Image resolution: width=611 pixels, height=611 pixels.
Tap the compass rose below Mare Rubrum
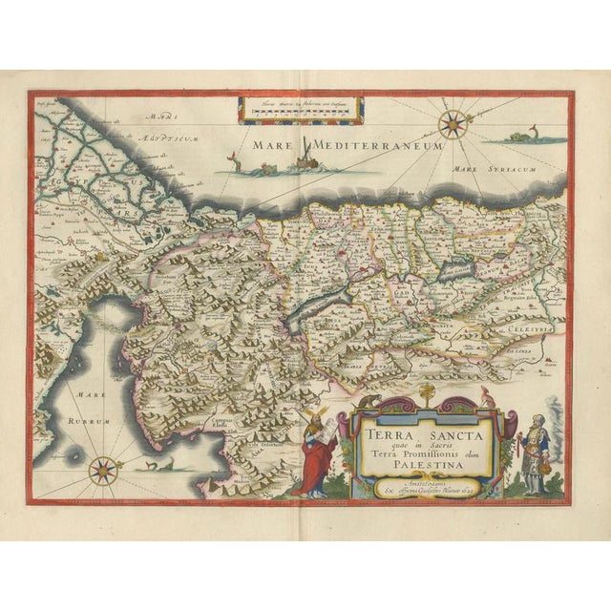105,469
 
